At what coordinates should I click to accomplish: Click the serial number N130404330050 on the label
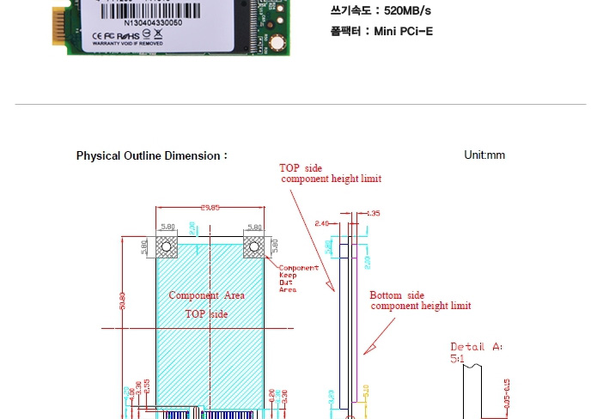click(x=153, y=23)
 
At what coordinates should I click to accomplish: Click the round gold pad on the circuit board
click(x=276, y=45)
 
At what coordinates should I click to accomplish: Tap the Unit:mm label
click(x=484, y=155)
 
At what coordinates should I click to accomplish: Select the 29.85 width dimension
click(x=210, y=207)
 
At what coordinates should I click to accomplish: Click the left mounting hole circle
click(x=167, y=248)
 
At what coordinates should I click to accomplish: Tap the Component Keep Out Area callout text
click(x=298, y=278)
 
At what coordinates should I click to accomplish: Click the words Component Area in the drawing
click(x=206, y=295)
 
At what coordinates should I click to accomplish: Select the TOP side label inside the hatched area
click(x=206, y=314)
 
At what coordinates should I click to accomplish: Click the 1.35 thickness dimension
click(x=373, y=212)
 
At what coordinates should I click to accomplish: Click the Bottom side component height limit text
click(x=420, y=301)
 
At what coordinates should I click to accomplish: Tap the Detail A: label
click(x=477, y=347)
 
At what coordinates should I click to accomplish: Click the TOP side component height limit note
click(x=331, y=173)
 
